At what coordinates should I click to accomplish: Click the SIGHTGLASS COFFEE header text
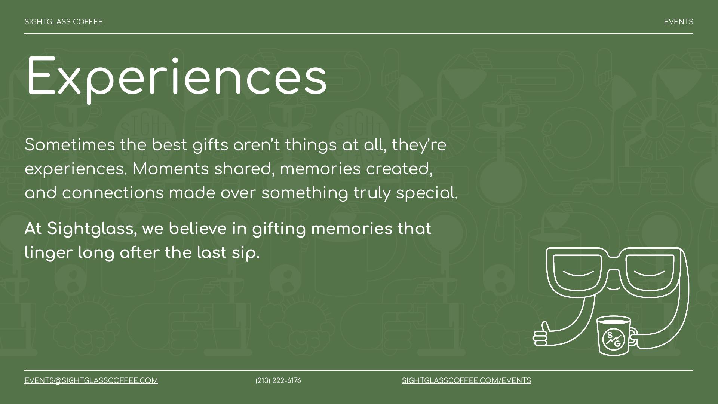[64, 22]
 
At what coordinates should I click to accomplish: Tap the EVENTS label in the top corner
[678, 22]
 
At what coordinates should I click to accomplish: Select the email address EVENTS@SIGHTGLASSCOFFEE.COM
[91, 381]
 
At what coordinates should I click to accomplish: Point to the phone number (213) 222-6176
[278, 381]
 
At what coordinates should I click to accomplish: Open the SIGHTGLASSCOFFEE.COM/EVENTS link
[466, 381]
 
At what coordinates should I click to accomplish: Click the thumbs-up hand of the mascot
[541, 334]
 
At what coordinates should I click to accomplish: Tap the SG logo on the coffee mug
[614, 339]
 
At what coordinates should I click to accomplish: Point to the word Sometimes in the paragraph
[70, 145]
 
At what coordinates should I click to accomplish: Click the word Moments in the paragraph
[171, 169]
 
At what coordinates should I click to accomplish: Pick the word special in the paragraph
[427, 193]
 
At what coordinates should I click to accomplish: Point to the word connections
[113, 193]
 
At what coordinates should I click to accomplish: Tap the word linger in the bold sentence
[49, 253]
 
